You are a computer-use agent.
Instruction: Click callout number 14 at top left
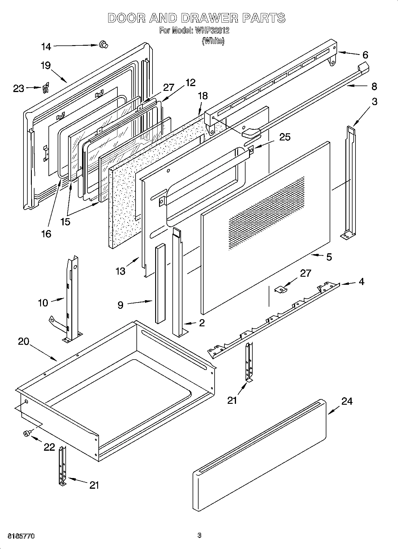coord(46,47)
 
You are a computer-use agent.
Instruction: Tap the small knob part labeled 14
coord(104,45)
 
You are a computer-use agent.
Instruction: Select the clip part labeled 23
coord(45,88)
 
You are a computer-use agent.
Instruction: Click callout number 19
coord(46,65)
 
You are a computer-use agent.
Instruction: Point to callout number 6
coord(365,55)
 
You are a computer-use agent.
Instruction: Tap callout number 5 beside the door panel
coord(329,257)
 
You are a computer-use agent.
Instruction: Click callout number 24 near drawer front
coord(347,401)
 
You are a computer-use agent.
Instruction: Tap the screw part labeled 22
coord(26,434)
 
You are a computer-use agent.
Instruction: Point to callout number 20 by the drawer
coord(24,341)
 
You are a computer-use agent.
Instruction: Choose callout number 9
coord(120,305)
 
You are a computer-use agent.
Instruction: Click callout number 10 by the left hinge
coord(43,303)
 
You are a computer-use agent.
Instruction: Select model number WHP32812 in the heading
coord(212,31)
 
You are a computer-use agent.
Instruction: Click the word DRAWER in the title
coord(209,18)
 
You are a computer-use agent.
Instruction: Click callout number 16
coord(46,234)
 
